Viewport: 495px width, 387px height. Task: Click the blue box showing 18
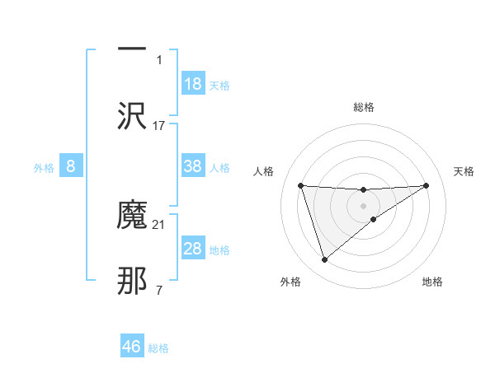click(x=193, y=84)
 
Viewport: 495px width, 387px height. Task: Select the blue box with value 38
click(x=193, y=166)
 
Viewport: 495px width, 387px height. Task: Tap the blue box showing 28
click(x=193, y=249)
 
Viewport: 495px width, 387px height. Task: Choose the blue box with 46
click(x=132, y=347)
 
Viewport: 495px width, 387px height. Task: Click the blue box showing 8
click(x=71, y=166)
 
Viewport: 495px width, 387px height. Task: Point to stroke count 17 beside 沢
click(x=159, y=125)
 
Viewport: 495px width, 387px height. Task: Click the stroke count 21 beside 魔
click(x=159, y=224)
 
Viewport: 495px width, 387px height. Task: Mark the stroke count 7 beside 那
click(x=159, y=290)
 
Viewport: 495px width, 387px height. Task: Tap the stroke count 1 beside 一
click(x=159, y=59)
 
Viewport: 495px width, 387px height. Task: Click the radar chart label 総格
click(x=364, y=107)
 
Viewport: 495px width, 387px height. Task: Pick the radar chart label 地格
click(x=432, y=282)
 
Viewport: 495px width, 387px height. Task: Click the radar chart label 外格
click(x=290, y=282)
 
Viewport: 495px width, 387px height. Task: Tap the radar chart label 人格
click(x=264, y=171)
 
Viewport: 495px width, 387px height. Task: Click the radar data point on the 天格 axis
click(x=427, y=185)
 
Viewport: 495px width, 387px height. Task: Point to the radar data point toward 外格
click(x=324, y=260)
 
